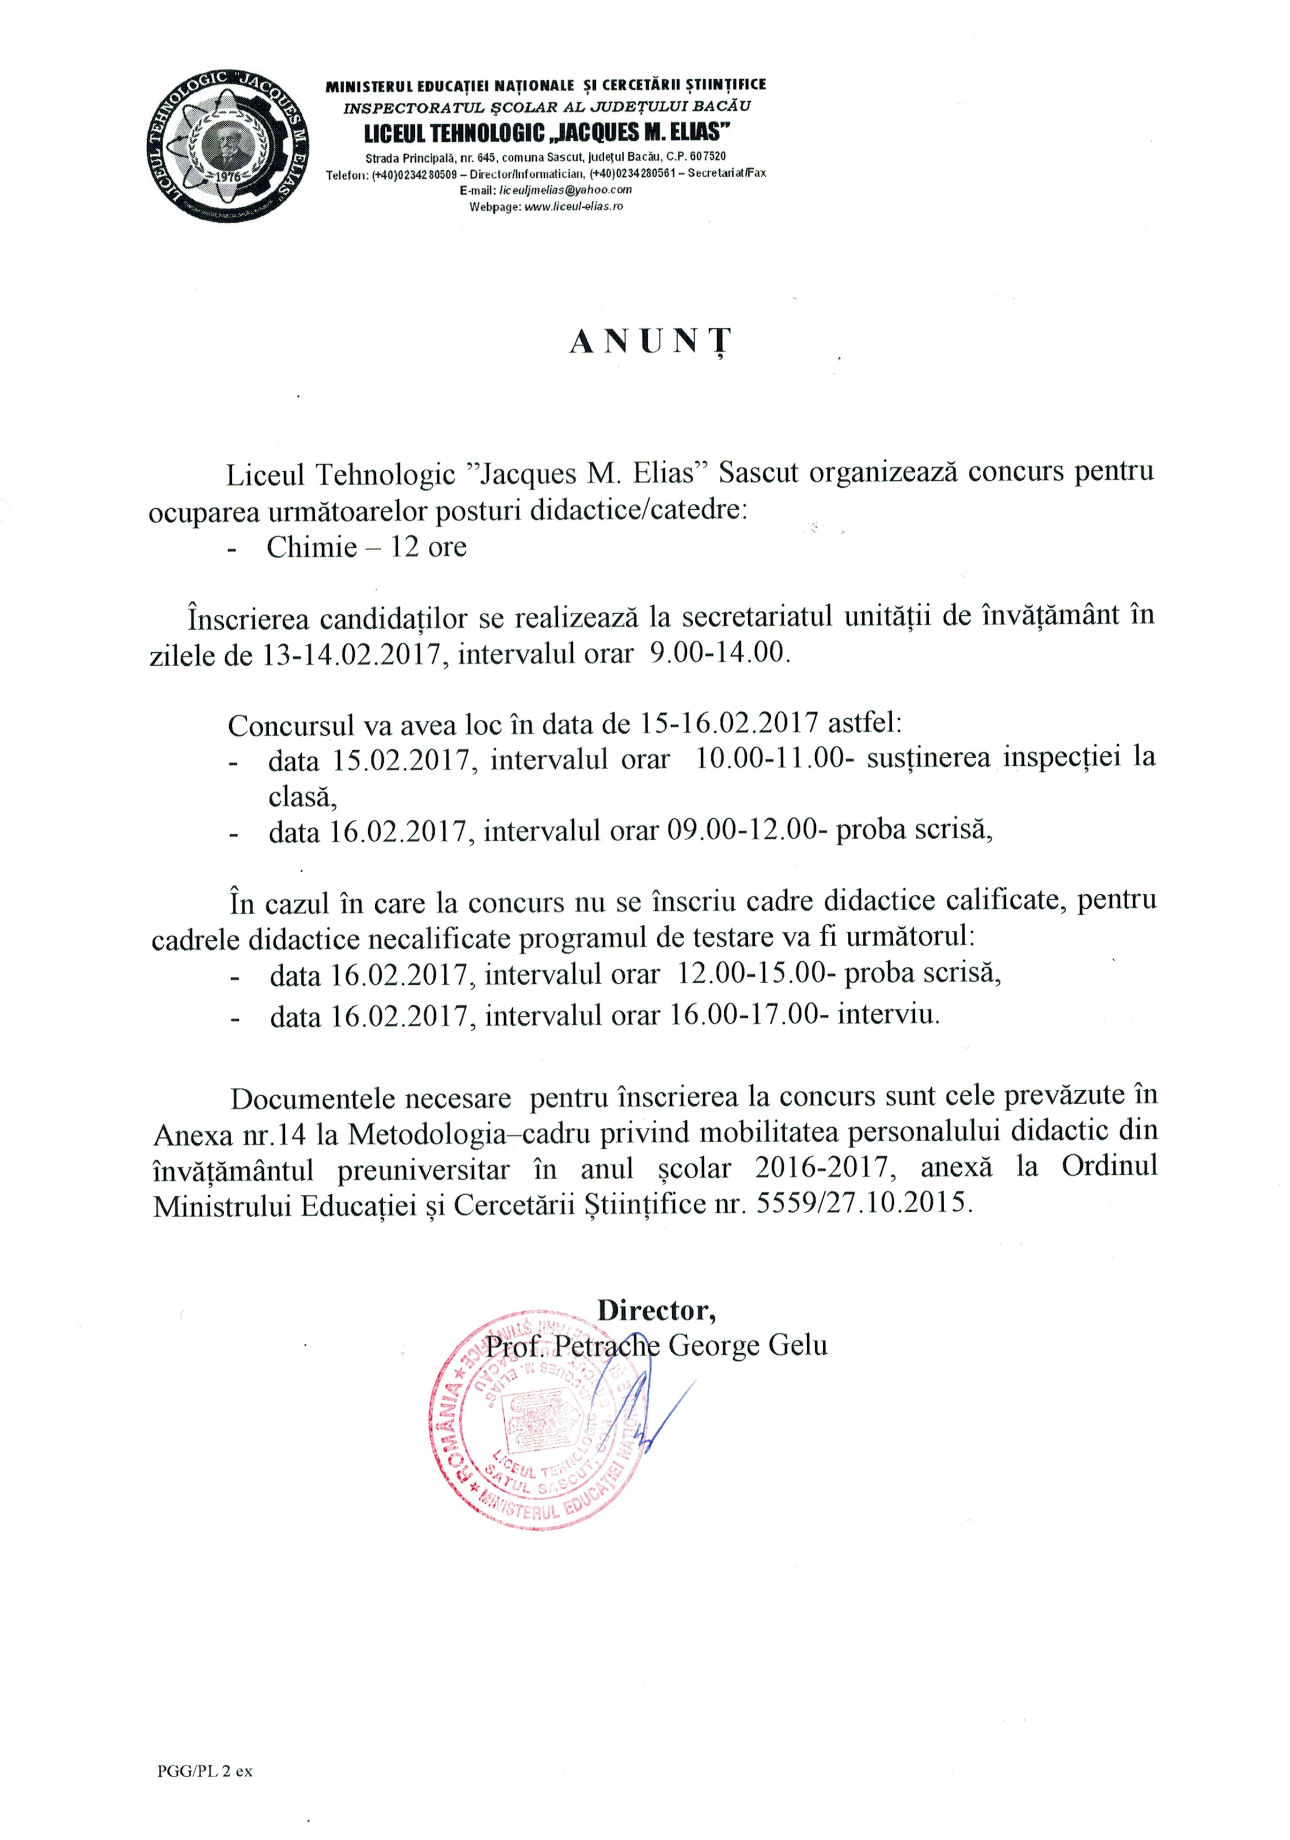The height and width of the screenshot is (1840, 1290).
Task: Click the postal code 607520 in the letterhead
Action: click(703, 157)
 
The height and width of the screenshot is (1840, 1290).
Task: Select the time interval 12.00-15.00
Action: click(758, 975)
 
